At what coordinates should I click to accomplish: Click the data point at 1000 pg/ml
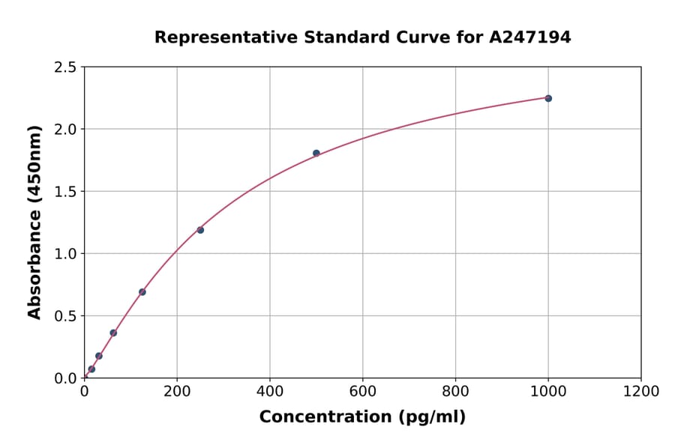548,98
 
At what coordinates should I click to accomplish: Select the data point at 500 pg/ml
316,153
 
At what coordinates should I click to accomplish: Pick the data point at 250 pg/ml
200,230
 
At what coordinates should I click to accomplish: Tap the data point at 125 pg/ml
142,292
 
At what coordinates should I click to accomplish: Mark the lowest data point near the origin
91,369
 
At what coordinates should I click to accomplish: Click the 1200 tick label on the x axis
641,391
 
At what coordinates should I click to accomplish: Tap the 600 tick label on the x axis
362,391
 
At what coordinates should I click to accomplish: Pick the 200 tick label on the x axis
177,391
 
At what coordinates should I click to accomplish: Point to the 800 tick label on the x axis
455,391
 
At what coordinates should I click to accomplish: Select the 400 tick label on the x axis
270,391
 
